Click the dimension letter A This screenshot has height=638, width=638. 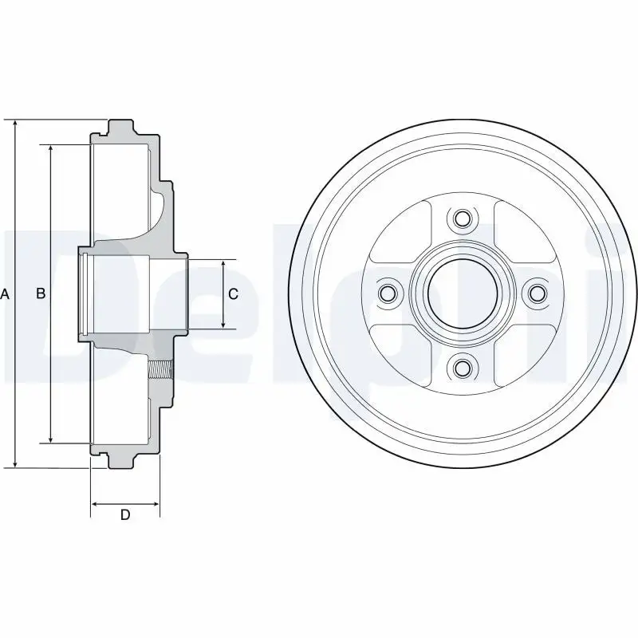tap(5, 293)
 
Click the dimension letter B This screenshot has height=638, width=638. tap(41, 293)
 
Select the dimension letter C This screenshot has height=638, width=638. tap(233, 293)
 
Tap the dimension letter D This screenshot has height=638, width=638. tap(125, 514)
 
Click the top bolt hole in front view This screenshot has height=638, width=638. tap(462, 219)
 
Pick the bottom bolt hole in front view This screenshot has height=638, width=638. tap(462, 368)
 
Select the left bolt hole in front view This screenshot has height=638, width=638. tap(387, 293)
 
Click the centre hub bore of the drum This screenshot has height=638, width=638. tap(463, 293)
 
